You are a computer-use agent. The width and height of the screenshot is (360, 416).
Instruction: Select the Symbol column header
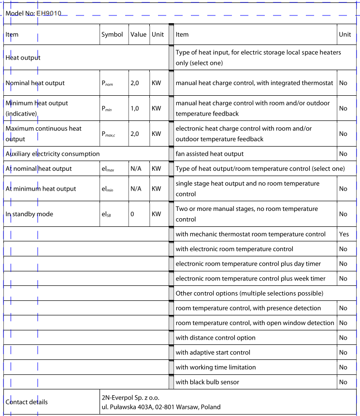pos(112,34)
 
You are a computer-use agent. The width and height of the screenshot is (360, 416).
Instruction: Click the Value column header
pos(138,34)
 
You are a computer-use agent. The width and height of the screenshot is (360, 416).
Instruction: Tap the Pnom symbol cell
pos(107,83)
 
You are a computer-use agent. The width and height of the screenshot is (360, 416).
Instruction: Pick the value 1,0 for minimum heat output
pos(135,108)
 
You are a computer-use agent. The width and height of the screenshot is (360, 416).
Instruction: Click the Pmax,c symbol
pos(109,134)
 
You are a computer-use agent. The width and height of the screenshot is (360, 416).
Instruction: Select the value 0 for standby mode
pos(132,214)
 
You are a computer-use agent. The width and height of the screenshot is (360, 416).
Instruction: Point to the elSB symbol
pos(107,214)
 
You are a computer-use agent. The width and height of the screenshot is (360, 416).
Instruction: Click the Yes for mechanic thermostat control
pos(344,234)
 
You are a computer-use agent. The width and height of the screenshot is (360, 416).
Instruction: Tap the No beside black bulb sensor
pos(343,382)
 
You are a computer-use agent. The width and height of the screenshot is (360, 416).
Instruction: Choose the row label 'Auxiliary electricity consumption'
pos(53,154)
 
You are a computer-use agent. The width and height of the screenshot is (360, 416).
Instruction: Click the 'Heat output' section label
pos(23,58)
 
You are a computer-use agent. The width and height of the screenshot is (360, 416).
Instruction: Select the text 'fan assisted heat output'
pos(210,154)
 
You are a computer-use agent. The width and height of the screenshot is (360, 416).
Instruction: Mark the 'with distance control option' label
pos(216,338)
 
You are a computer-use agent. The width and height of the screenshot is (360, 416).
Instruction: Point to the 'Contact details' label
pos(27,402)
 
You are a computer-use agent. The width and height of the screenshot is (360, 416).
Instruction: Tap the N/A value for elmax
pos(136,169)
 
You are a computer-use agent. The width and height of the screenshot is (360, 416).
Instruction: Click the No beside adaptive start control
pos(343,353)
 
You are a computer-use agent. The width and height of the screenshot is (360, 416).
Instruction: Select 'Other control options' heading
pos(248,293)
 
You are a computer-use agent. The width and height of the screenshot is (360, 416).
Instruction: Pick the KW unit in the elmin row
pos(156,189)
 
